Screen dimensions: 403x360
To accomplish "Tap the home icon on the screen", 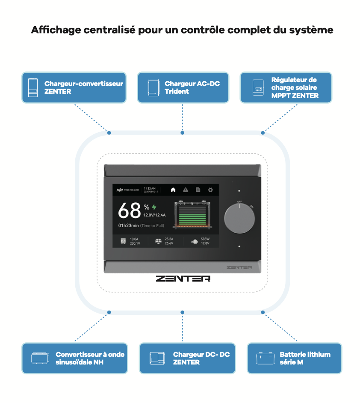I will [x=173, y=190].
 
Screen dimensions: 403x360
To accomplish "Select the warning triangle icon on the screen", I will [x=186, y=190].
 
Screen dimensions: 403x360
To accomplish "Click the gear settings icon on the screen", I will [x=210, y=190].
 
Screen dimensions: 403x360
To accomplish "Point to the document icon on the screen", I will [x=198, y=190].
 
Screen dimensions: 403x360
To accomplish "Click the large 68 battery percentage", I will [x=129, y=210].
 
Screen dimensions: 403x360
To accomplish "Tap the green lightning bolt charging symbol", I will [x=154, y=207].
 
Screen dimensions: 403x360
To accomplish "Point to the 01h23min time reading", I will [x=129, y=225].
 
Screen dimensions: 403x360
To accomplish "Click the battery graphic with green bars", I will [x=192, y=214].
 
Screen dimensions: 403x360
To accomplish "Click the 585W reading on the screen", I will [x=205, y=239].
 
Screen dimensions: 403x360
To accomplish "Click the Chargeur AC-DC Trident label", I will [x=192, y=87].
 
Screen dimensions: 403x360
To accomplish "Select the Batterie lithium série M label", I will [x=305, y=358].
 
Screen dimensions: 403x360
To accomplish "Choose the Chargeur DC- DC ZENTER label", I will [x=201, y=358].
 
